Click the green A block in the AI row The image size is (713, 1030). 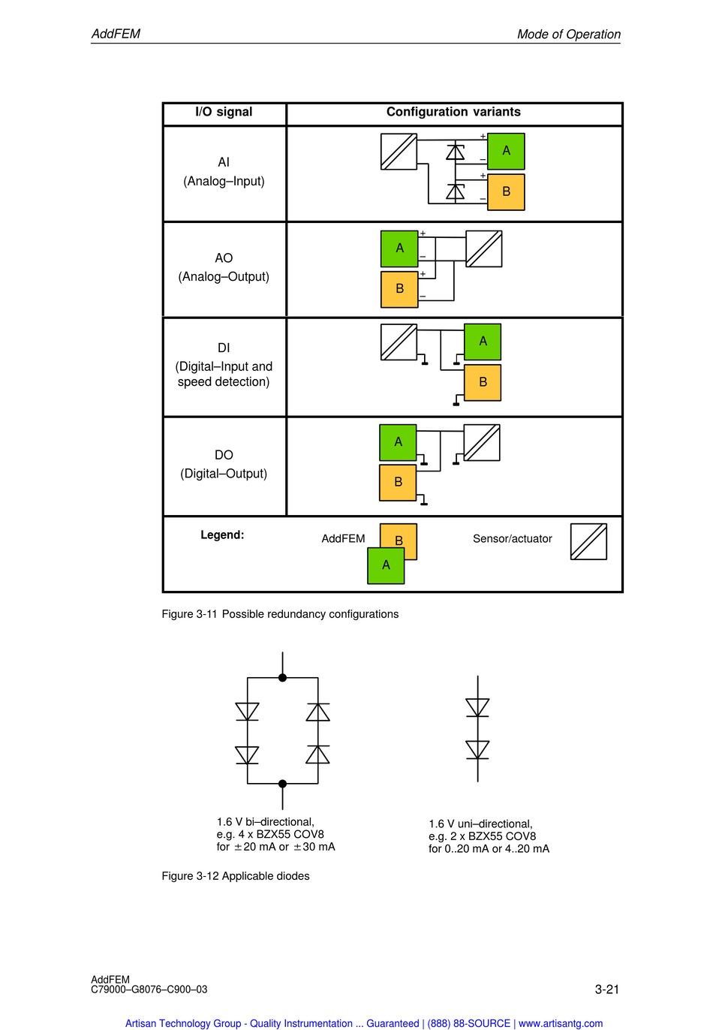coord(506,151)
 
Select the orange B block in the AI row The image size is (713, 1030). coord(506,191)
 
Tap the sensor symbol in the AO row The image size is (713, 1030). coord(483,248)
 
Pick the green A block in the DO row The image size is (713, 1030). coord(398,442)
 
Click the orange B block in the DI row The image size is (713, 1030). coord(483,382)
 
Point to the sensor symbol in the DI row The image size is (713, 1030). coord(399,342)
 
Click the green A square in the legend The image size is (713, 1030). coord(386,565)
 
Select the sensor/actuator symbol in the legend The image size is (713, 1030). coord(588,541)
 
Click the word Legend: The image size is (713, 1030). coord(222,535)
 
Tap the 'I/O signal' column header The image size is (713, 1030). coord(224,112)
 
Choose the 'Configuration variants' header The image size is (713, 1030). coord(453,112)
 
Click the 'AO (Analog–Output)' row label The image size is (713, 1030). coord(224,267)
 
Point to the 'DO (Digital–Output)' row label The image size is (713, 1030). coord(224,464)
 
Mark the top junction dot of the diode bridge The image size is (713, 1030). coord(282,678)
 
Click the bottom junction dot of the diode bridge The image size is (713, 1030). coord(282,784)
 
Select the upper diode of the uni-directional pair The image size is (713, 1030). coord(477,707)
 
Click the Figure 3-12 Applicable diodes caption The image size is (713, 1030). coord(236,876)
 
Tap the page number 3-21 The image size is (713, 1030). coord(606,989)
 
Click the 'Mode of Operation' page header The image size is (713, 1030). coord(568,34)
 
